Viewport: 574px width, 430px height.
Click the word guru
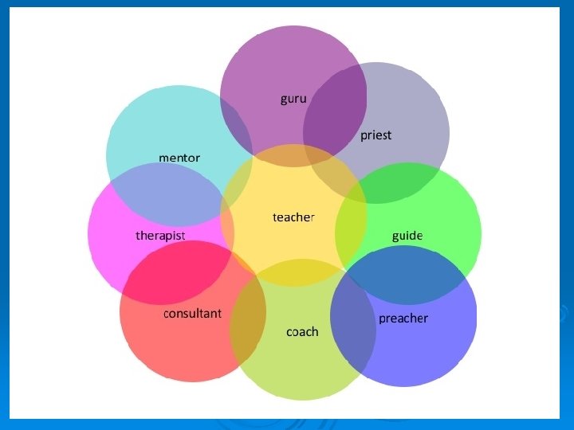click(x=293, y=99)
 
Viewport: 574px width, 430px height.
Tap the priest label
click(x=375, y=135)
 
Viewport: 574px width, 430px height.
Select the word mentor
click(x=179, y=158)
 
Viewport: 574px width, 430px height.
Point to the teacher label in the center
click(x=293, y=217)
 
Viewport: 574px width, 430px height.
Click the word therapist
click(x=160, y=236)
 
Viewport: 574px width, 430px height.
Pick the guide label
click(x=407, y=236)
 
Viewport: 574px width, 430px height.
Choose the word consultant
click(x=192, y=313)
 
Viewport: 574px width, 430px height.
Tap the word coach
click(x=302, y=331)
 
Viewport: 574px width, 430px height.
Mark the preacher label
click(x=403, y=319)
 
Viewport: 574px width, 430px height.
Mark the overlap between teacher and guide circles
click(x=351, y=231)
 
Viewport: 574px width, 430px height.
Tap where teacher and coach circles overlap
click(x=295, y=272)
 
